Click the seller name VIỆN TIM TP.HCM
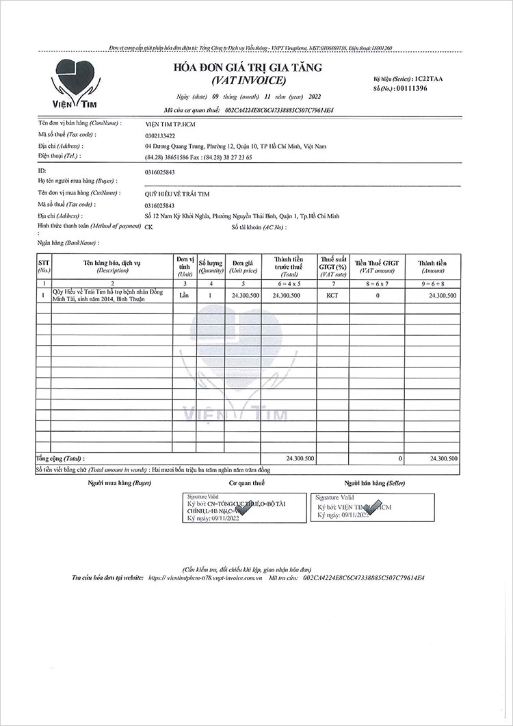click(x=170, y=124)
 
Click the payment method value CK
click(x=149, y=227)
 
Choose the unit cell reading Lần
click(x=183, y=295)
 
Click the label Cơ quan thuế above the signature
click(x=246, y=483)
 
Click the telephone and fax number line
click(x=198, y=157)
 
